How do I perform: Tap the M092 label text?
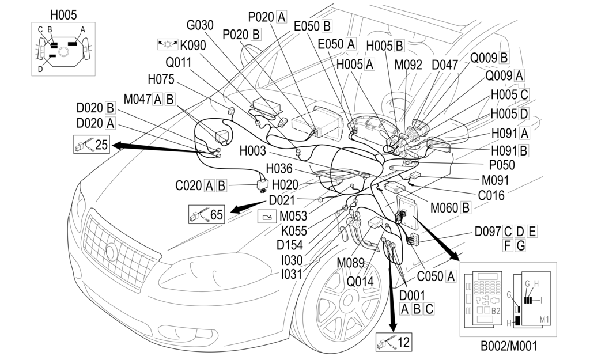tap(409, 65)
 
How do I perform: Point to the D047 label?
tap(445, 65)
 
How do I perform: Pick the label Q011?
tap(180, 62)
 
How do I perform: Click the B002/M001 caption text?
tap(508, 347)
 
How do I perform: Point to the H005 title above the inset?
tap(63, 14)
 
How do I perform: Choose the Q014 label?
tap(360, 282)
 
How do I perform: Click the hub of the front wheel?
tap(345, 300)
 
